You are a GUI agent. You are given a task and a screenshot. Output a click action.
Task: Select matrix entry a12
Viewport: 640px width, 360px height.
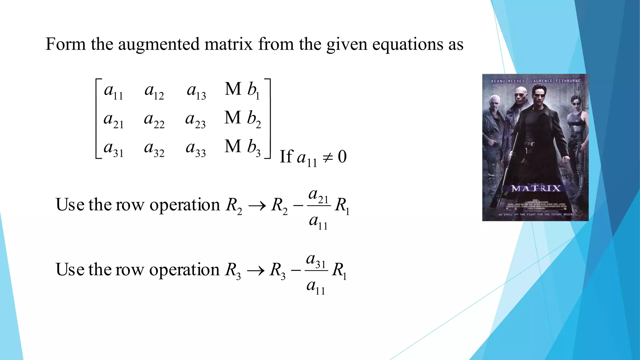[154, 91]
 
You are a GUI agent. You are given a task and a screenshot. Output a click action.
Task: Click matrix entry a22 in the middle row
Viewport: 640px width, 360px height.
[154, 120]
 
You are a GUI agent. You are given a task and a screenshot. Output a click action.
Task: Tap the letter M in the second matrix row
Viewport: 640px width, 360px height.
[233, 118]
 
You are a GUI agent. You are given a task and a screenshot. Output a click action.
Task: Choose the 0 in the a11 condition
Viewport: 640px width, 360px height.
[342, 157]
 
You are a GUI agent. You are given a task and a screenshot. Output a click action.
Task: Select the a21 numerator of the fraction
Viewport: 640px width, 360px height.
[318, 195]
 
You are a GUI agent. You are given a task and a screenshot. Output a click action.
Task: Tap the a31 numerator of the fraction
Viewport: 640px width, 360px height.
[316, 260]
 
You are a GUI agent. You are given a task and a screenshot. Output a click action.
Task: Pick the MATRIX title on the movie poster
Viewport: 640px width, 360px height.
[536, 188]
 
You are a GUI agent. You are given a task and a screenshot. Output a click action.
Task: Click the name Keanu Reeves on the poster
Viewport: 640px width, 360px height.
[507, 81]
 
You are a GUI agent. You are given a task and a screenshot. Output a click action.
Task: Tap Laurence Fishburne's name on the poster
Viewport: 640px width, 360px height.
[555, 81]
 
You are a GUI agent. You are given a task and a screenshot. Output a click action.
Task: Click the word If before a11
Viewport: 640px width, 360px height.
[286, 157]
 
